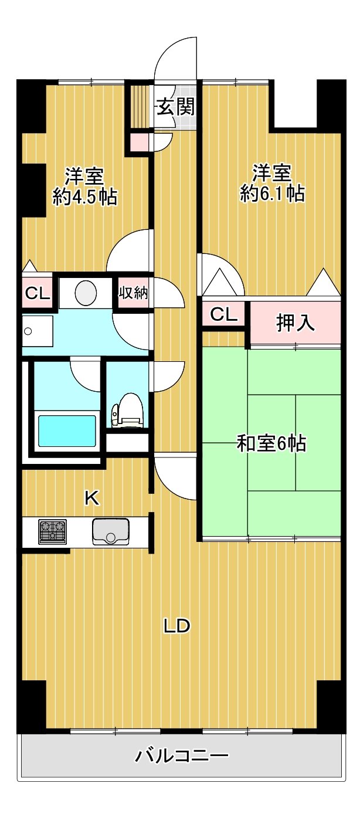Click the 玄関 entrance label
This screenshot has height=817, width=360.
(175, 107)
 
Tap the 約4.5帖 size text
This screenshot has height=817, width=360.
(84, 197)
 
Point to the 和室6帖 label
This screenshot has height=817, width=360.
(271, 443)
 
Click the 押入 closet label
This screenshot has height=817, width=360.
(296, 323)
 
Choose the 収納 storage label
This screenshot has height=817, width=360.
(134, 292)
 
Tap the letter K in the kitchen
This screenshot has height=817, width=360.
(92, 498)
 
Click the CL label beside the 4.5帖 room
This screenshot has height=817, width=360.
(37, 293)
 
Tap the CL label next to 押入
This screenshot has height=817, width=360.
(223, 314)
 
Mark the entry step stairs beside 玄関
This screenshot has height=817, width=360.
(140, 107)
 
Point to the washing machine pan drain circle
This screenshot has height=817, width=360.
(28, 331)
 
